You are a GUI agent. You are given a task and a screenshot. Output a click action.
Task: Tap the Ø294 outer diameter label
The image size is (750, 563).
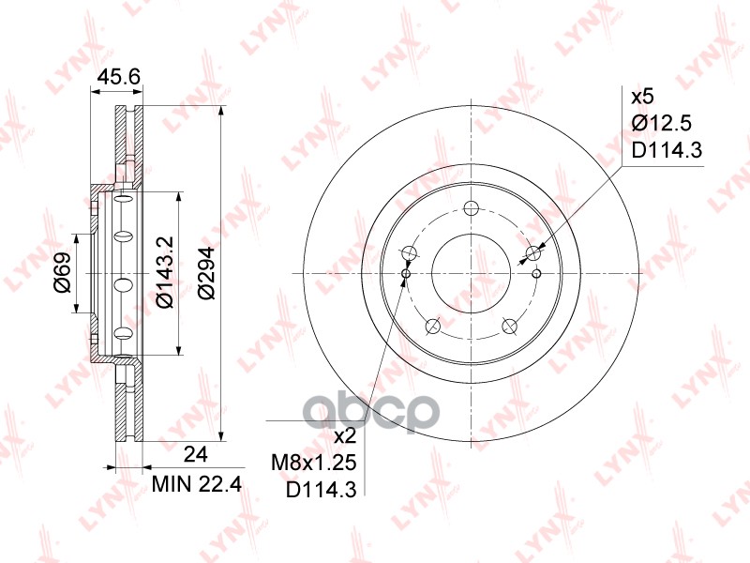click(206, 272)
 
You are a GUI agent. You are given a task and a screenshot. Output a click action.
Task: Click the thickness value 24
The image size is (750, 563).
click(196, 454)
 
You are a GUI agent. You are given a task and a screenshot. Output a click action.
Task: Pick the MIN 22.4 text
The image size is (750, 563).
click(197, 484)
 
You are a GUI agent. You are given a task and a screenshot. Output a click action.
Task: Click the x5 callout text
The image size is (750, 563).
click(642, 98)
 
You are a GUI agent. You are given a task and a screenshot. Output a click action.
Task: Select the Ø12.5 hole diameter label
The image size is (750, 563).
click(662, 124)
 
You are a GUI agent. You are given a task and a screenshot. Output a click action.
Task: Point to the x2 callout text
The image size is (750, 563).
click(345, 436)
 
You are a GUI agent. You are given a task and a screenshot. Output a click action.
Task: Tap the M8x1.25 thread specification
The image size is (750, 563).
click(314, 463)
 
